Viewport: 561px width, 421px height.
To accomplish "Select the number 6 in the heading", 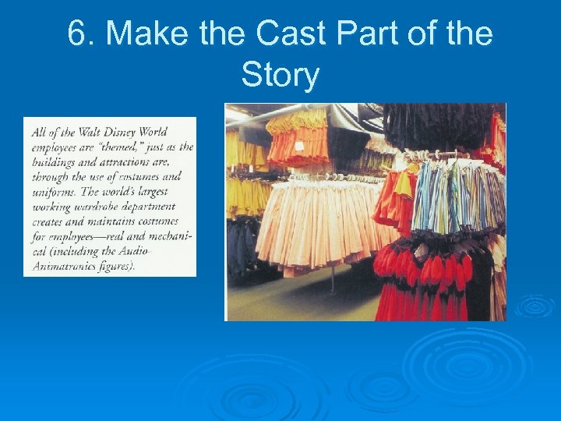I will (x=76, y=34).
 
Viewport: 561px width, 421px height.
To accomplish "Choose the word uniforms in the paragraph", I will (x=55, y=192).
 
